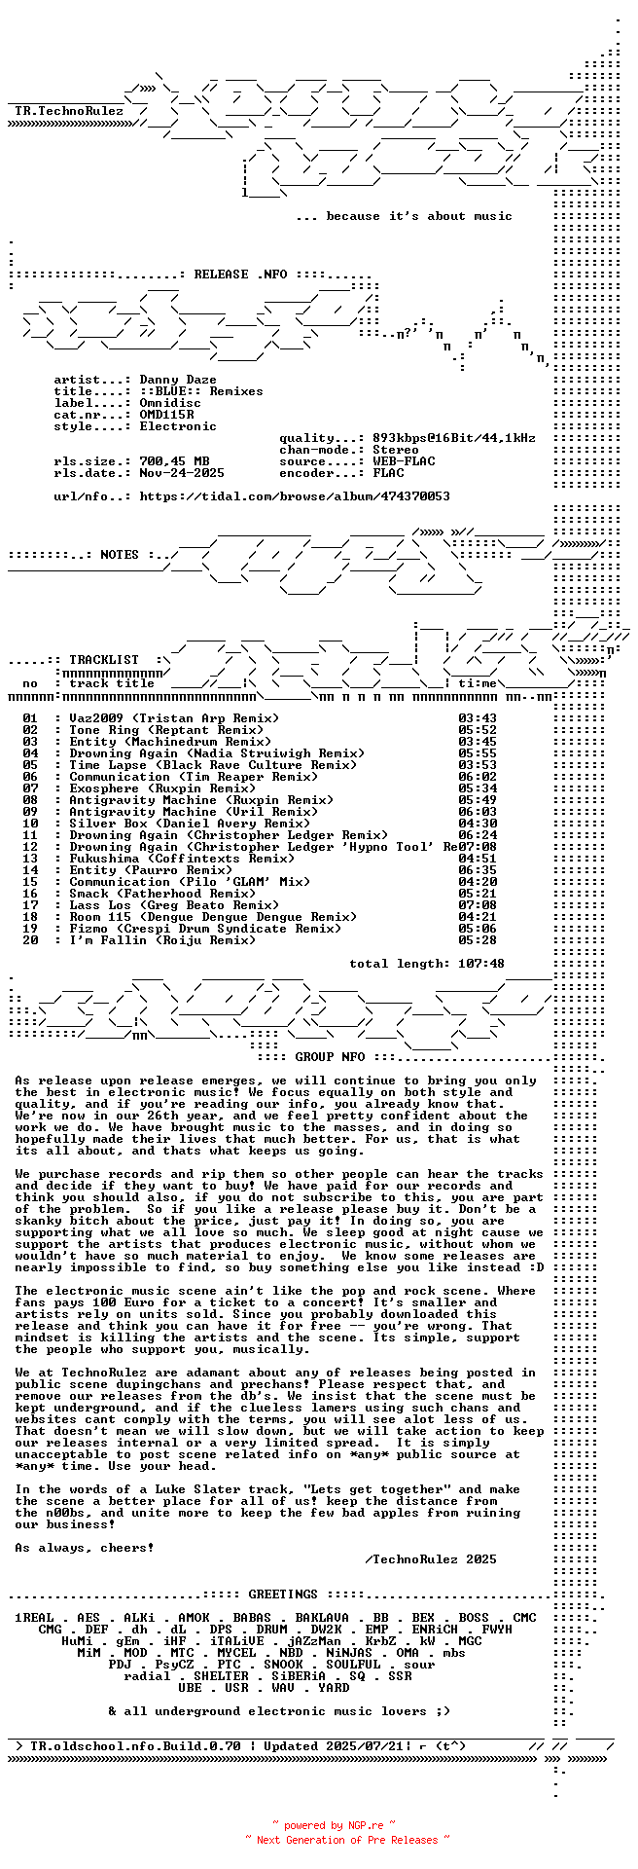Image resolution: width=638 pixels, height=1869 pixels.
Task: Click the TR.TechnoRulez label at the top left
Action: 69,111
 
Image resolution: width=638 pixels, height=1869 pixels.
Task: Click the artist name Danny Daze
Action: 178,380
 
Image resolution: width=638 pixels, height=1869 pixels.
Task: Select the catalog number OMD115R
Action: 166,415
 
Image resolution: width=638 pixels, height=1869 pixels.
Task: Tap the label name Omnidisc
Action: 170,403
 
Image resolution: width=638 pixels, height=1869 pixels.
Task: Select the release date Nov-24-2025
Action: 182,473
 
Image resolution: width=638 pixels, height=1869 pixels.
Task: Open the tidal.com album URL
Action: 295,496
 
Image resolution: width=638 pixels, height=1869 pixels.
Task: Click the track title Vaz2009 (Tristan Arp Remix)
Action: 174,718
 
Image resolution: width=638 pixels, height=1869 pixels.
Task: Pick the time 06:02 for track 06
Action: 477,777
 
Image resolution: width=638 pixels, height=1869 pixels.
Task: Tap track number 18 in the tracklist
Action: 30,917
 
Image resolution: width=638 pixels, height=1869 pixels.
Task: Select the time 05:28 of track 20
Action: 477,940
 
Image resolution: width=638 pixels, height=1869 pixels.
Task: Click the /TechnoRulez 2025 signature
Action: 431,1559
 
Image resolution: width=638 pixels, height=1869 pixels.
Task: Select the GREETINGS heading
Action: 283,1594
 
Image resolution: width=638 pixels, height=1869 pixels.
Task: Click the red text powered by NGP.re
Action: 334,1825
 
